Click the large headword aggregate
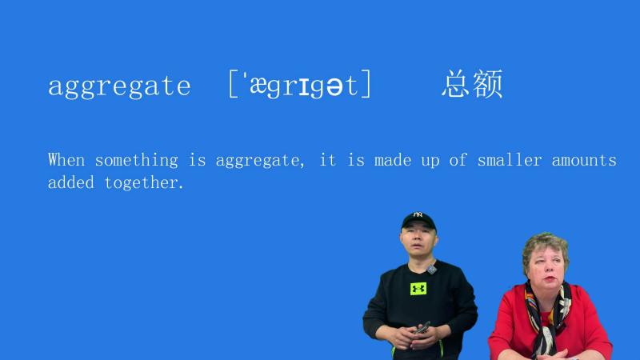tap(119, 86)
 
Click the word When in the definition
tap(66, 160)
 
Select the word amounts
tap(584, 160)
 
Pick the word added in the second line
tap(71, 183)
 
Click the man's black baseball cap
tap(418, 220)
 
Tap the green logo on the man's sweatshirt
tap(418, 288)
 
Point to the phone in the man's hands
tap(422, 328)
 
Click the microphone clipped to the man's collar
tap(432, 270)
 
